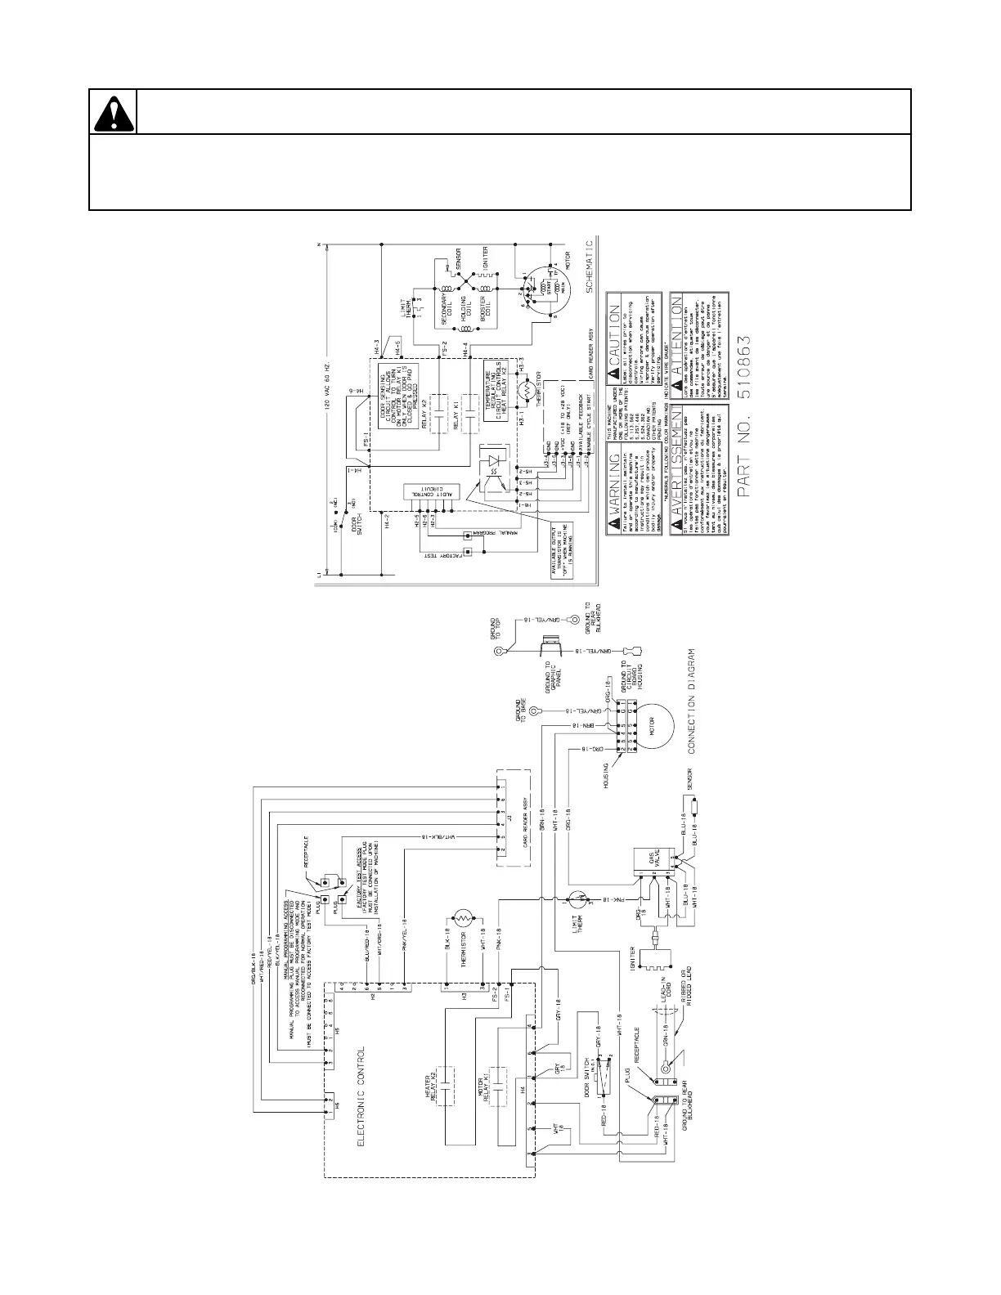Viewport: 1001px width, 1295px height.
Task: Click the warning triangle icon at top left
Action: coord(112,112)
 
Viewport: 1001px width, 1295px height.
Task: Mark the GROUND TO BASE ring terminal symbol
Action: coord(535,710)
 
